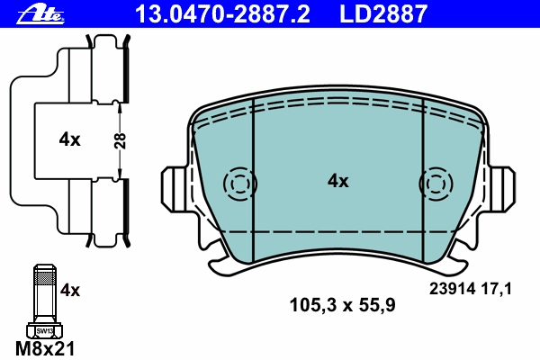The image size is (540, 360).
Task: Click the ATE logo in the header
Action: point(40,14)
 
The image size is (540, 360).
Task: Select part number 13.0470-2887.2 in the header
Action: point(222,14)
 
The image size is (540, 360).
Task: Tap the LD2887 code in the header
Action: point(383,14)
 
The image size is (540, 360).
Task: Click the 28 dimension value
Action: point(121,140)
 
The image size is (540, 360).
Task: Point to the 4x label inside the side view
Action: point(69,139)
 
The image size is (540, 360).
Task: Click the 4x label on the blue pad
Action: point(337,181)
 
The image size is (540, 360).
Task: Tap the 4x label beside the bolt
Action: point(70,291)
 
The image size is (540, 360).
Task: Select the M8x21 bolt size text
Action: point(45,348)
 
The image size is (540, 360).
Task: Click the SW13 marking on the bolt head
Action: point(44,331)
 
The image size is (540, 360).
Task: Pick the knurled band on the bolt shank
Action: point(45,278)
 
